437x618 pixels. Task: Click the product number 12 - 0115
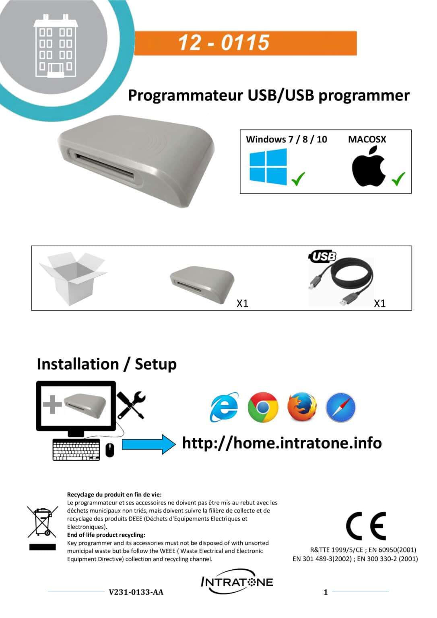224,43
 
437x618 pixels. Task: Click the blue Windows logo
268,167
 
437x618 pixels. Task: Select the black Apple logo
369,167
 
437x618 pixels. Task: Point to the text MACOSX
367,139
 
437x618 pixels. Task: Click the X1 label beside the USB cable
379,303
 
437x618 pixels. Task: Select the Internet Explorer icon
224,407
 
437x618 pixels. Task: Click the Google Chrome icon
263,407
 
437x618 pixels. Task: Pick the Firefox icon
302,407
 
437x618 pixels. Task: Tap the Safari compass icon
340,407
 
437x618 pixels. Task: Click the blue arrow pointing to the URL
148,444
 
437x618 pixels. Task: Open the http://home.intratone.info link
282,443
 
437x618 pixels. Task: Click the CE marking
366,526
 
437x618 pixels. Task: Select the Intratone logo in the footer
237,582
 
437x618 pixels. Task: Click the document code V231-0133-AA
136,592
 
